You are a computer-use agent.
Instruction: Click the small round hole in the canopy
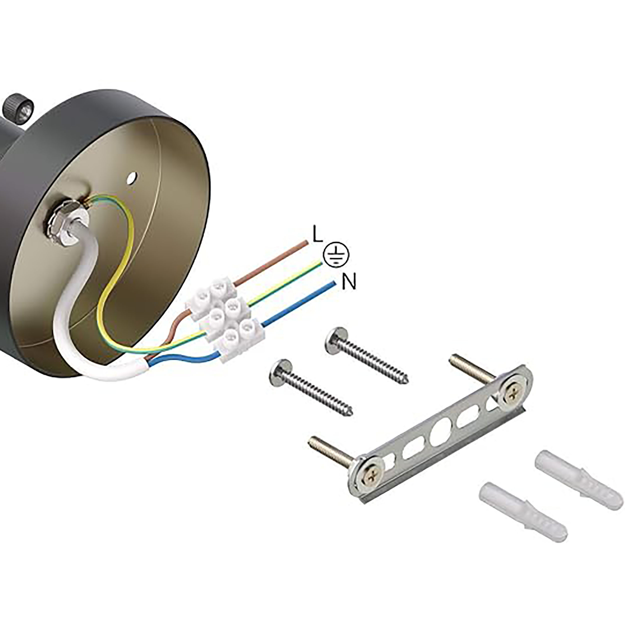coord(132,177)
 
